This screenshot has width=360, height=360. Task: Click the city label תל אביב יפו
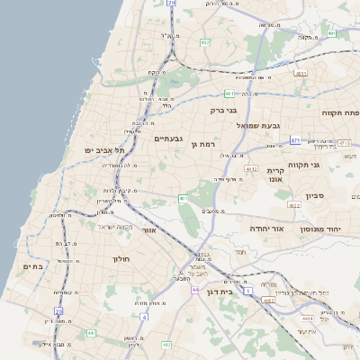pos(103,150)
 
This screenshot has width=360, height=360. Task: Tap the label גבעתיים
pos(169,139)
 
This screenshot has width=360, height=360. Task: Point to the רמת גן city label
pos(209,144)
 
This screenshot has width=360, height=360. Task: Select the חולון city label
pos(121,259)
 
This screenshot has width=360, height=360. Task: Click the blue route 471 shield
pos(295,140)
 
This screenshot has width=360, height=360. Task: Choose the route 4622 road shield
pos(294,205)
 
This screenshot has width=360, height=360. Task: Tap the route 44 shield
pos(195,290)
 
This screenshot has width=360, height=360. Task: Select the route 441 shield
pos(91,333)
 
